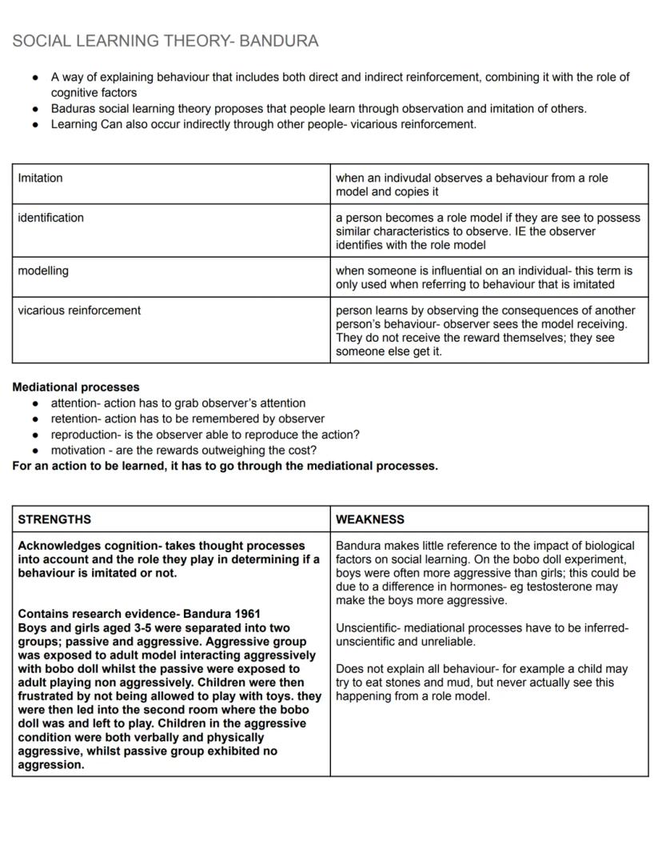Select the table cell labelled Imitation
pyautogui.click(x=40, y=178)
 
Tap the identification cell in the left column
pyautogui.click(x=50, y=218)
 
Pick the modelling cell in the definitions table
pyautogui.click(x=43, y=271)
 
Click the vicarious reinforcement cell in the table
pyautogui.click(x=79, y=310)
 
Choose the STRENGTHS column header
pyautogui.click(x=54, y=519)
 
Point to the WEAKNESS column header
pyautogui.click(x=370, y=519)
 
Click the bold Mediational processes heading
pyautogui.click(x=76, y=387)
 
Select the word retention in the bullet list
pyautogui.click(x=74, y=418)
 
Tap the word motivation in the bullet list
pyautogui.click(x=78, y=450)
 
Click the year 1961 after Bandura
pyautogui.click(x=247, y=615)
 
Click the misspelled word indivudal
pyautogui.click(x=398, y=178)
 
